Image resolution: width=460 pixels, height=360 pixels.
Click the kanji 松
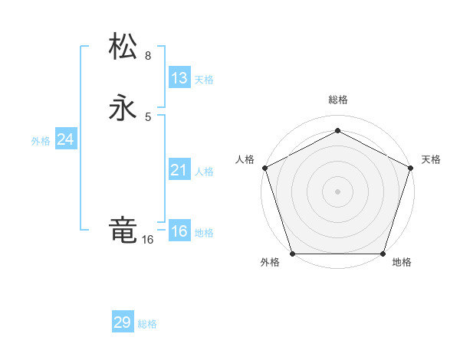coord(123,47)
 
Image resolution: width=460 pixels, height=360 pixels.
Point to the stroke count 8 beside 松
coord(148,56)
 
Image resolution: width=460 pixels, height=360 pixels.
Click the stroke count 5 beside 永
coord(148,116)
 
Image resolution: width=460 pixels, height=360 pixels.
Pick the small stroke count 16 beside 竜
coord(147,240)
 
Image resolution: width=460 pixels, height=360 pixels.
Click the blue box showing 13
coord(179,78)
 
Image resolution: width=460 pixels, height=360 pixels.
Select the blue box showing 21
coord(179,170)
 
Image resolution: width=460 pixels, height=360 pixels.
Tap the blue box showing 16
coord(179,231)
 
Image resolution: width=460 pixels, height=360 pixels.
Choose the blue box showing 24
coord(66,139)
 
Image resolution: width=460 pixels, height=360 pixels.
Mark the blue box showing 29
coord(123,322)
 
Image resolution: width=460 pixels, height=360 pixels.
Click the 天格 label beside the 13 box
coord(204,80)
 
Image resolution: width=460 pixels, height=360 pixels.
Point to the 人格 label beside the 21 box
coord(204,172)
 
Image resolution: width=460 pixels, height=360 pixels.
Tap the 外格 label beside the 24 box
coord(41,141)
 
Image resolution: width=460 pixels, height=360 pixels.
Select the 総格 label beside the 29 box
coord(147,324)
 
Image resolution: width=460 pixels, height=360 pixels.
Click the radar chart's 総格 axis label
coord(337,100)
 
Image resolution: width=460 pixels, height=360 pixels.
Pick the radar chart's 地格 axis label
coord(402,262)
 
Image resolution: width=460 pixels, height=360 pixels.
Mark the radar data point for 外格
coord(292,254)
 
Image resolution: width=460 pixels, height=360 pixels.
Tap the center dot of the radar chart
coord(337,191)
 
